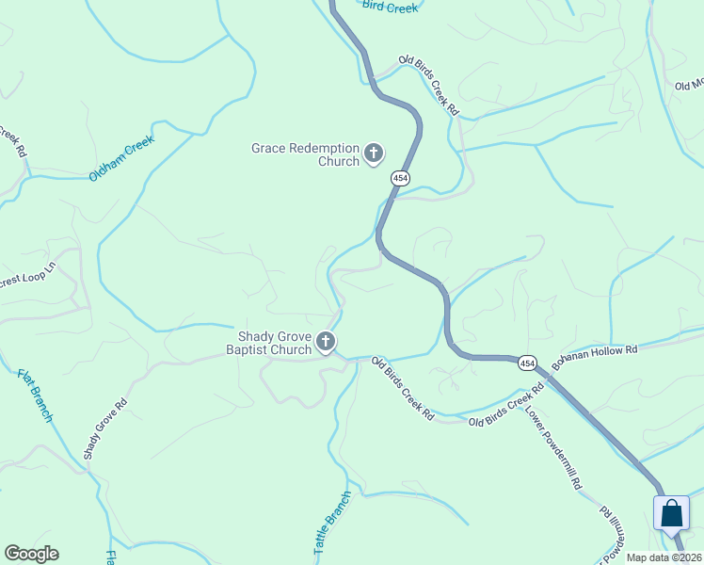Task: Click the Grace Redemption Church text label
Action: (305, 154)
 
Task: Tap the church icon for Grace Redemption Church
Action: (374, 153)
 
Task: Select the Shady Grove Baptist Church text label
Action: (268, 343)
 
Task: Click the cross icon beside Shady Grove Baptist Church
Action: (326, 342)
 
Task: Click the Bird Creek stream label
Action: (389, 8)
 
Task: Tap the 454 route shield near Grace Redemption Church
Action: (402, 179)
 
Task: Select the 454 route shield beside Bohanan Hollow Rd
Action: (526, 363)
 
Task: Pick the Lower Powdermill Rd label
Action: (552, 448)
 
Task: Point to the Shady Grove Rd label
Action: (104, 428)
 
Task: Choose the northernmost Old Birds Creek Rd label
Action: (428, 85)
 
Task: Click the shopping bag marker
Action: (672, 514)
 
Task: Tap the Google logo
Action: (31, 554)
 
